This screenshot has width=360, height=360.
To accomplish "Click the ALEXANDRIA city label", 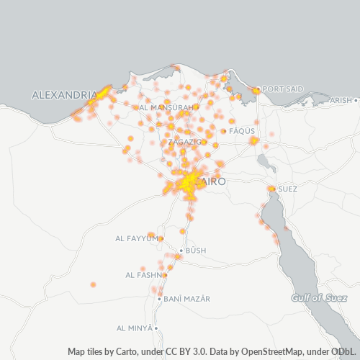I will click(x=64, y=95).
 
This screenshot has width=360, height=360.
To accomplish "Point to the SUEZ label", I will click(x=287, y=189).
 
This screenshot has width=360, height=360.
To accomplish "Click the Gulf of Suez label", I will click(x=315, y=298).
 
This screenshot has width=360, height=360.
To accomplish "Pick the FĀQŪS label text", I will click(x=238, y=132).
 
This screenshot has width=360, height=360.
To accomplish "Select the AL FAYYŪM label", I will click(x=136, y=238).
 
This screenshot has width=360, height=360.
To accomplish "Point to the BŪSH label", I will click(x=196, y=251).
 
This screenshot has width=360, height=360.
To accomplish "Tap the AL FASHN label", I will click(x=143, y=275).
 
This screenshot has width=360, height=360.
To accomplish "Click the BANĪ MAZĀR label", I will click(x=186, y=298).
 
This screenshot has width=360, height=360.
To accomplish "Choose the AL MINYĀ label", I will click(x=135, y=328).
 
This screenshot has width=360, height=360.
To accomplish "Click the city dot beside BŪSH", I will click(x=181, y=251).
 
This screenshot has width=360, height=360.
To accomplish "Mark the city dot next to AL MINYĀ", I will click(x=157, y=328).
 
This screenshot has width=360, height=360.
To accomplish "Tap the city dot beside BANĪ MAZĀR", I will click(x=159, y=298).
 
